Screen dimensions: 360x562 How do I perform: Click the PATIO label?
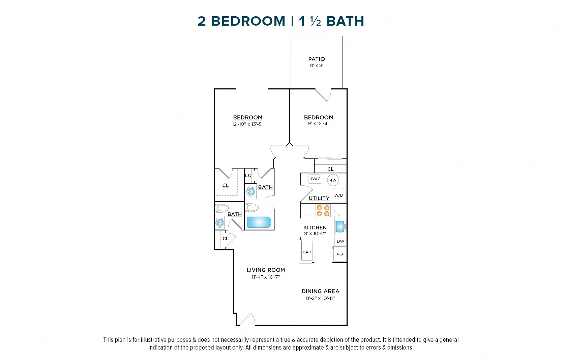coord(317,59)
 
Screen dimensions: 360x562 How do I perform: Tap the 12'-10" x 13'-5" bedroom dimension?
coord(247,124)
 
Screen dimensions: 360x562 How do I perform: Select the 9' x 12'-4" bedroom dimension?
coord(319,123)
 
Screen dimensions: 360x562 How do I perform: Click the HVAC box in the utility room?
coord(315,179)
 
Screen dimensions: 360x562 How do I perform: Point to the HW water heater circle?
coord(333,180)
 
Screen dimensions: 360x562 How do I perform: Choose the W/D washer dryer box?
coord(338,195)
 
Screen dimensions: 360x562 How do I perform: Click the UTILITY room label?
coord(319,198)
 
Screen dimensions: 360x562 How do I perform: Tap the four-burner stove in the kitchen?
coord(323,211)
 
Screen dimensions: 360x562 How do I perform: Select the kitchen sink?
coord(341,226)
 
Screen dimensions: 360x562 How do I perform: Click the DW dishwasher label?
coord(341,241)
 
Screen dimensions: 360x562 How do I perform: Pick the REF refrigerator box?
coord(341,254)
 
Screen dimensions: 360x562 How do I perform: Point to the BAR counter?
coord(307,252)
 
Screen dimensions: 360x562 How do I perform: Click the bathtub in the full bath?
coord(259,222)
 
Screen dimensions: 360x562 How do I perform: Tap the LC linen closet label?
coord(248,175)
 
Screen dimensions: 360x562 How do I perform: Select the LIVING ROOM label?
coord(266,270)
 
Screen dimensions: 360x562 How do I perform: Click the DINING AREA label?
coord(320,291)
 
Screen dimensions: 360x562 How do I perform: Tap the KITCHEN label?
coord(315,227)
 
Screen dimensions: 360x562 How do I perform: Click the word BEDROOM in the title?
coord(248,21)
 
